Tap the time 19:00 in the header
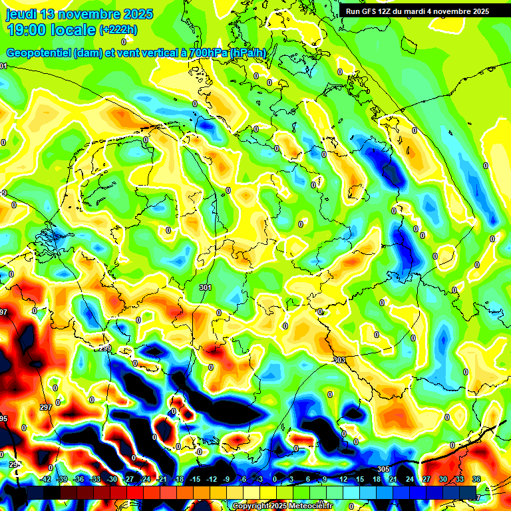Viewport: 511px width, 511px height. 26,30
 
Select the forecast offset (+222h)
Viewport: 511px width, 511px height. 118,30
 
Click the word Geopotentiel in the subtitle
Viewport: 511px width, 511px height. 39,53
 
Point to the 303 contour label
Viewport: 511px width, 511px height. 339,360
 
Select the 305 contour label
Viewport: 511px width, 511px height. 383,469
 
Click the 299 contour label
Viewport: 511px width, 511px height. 105,349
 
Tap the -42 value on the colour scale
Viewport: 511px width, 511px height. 45,479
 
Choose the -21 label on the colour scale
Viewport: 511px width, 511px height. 162,479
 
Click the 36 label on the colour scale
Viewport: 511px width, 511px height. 476,479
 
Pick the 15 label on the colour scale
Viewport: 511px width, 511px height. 360,479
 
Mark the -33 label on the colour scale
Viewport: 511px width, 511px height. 95,479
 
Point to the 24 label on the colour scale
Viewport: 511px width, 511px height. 410,479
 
